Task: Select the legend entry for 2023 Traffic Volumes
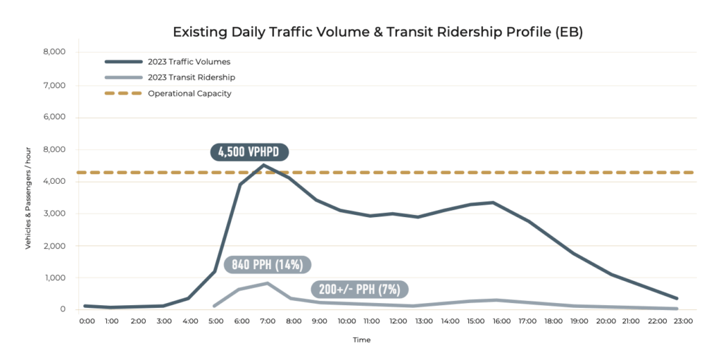(189, 61)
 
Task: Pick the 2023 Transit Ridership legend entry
(191, 77)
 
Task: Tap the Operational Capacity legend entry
(189, 93)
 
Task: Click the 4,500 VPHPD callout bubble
(250, 152)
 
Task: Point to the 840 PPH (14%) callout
(268, 265)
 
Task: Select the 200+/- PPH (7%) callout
(360, 289)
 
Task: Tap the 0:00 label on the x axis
(87, 321)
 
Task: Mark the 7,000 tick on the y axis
(54, 85)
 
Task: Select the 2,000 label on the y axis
(54, 246)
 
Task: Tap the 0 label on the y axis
(63, 309)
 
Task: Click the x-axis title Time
(361, 340)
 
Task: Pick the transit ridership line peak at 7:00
(266, 283)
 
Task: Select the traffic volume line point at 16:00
(496, 203)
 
